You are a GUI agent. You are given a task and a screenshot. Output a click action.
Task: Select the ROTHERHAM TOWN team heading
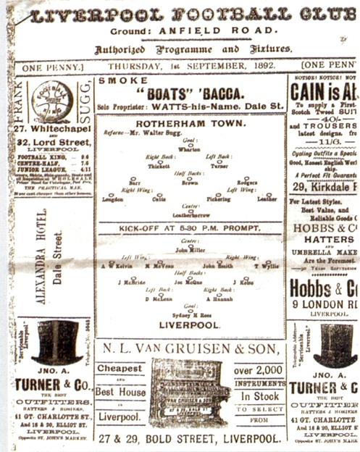click(190, 123)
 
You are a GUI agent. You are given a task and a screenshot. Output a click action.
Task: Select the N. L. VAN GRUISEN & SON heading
click(190, 349)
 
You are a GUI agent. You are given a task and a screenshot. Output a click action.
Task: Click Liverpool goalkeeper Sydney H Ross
click(190, 316)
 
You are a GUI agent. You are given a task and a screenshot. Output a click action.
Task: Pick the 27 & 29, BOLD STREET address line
click(190, 439)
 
